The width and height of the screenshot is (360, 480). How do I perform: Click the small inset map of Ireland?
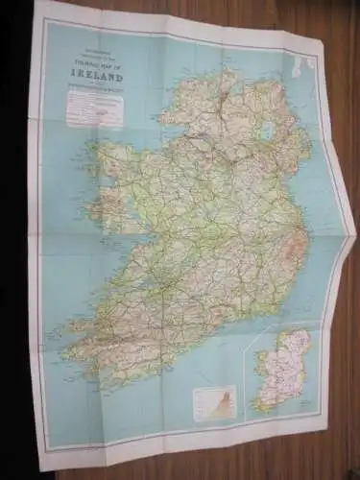point(284,370)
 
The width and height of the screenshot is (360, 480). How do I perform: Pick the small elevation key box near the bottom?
point(214,401)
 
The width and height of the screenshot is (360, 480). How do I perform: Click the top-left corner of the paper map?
point(38,3)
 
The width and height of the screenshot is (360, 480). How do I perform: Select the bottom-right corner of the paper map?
point(326,432)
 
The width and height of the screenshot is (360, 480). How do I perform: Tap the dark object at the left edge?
point(12,240)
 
